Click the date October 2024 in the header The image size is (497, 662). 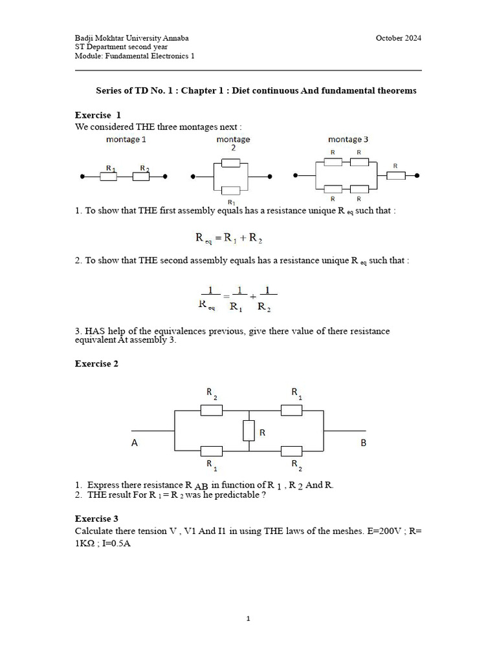pos(398,38)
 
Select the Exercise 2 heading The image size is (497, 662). pos(96,364)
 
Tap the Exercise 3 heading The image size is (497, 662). pos(96,518)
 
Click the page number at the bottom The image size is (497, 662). pos(248,619)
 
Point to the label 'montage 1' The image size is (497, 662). pos(125,140)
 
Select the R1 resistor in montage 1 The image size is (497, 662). pos(108,176)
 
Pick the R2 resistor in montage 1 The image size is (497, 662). pos(141,176)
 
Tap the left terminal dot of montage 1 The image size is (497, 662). pos(82,176)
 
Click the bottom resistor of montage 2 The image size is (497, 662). pos(231,190)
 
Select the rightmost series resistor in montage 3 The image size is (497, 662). pos(396,175)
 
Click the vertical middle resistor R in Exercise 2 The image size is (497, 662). pos(248,431)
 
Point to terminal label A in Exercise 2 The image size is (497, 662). pos(135,443)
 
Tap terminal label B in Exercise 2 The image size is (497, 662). pos(363,443)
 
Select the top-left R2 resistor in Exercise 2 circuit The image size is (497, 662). pos(212,410)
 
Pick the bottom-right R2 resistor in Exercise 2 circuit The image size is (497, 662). pos(292,451)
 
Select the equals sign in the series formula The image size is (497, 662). pos(219,238)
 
